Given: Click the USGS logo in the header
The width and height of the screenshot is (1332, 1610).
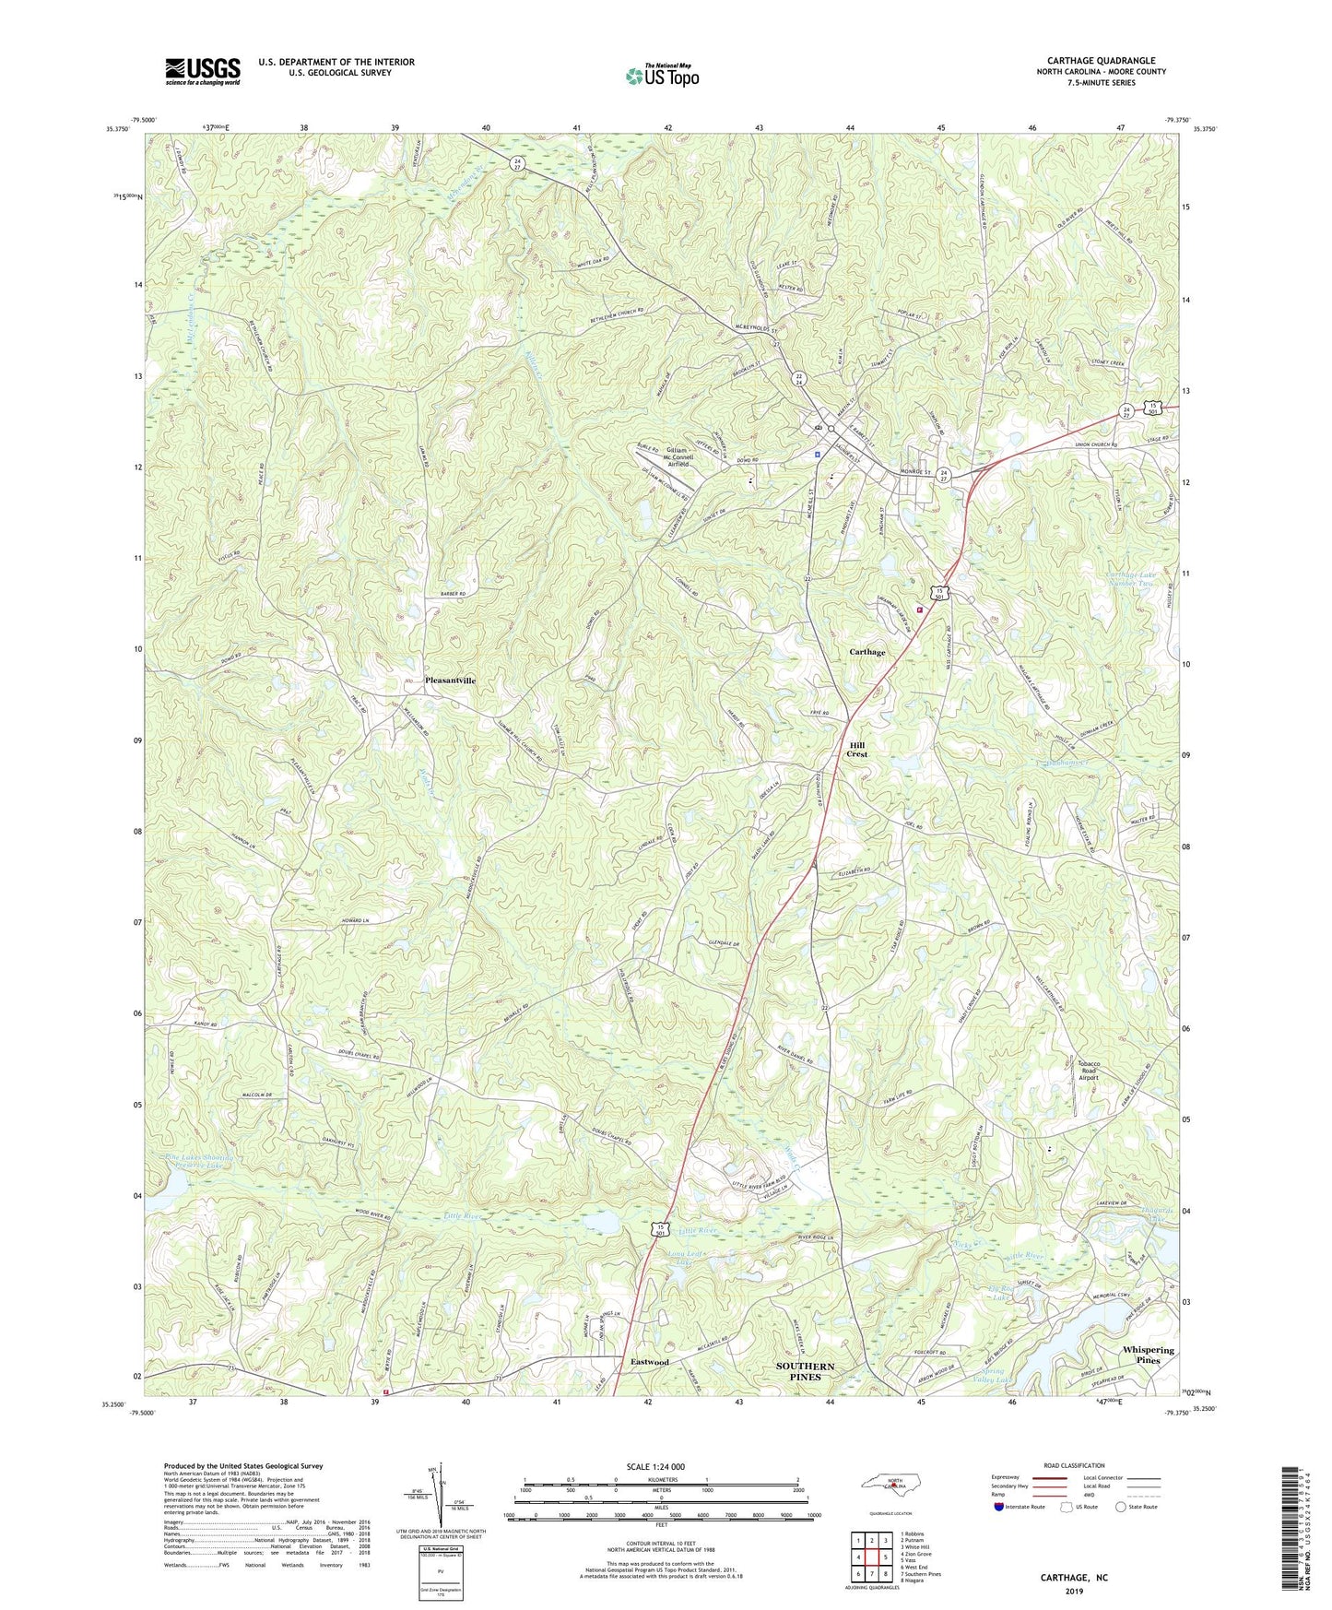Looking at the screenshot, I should (x=203, y=71).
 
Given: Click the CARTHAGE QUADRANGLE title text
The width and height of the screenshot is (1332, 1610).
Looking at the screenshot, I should (x=1101, y=61).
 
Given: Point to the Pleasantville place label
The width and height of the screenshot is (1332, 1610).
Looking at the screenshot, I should (x=451, y=680).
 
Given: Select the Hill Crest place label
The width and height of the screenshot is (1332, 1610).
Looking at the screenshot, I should (x=857, y=749).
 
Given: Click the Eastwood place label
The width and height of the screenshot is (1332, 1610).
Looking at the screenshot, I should (x=650, y=1361).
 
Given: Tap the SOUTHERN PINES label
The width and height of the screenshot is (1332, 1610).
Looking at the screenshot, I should (x=805, y=1371).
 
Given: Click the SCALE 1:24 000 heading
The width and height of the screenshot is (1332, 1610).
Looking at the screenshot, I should (x=654, y=1466).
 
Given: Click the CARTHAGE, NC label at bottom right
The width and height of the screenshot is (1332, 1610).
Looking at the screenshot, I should (x=1074, y=1578).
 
